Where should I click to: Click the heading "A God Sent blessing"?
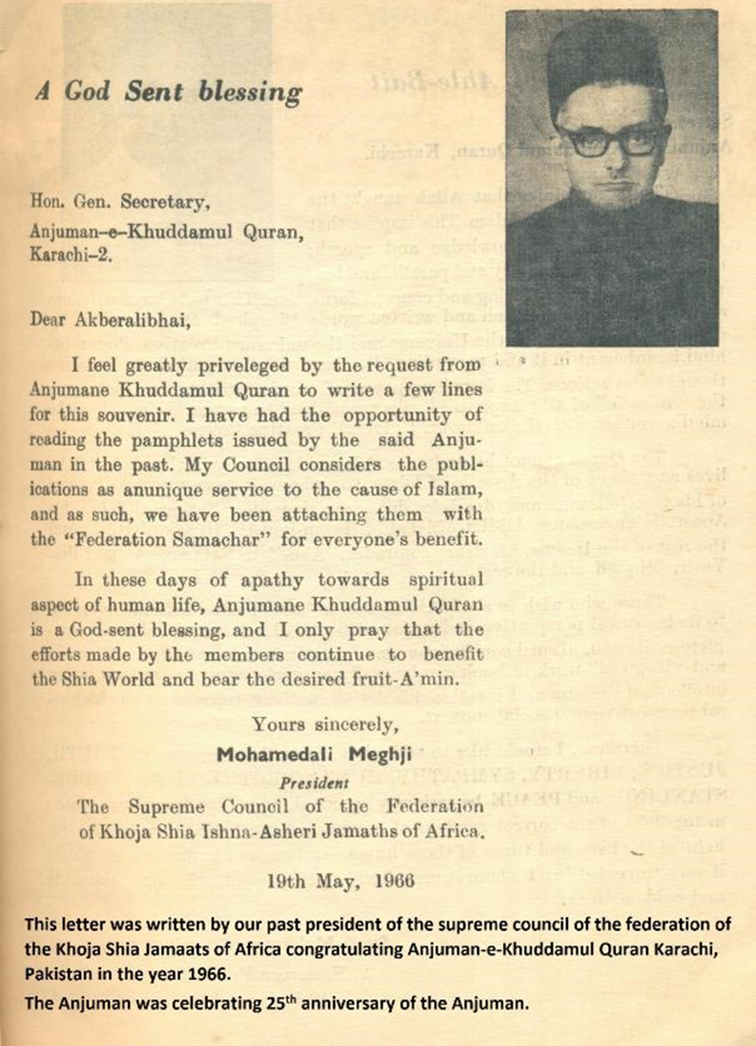pos(169,92)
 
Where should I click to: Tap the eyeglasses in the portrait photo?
pos(612,140)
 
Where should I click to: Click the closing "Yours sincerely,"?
pos(324,725)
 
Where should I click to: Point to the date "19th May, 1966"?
pos(340,881)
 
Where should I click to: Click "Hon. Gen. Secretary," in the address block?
pos(120,203)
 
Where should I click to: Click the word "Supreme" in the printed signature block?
pos(167,807)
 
